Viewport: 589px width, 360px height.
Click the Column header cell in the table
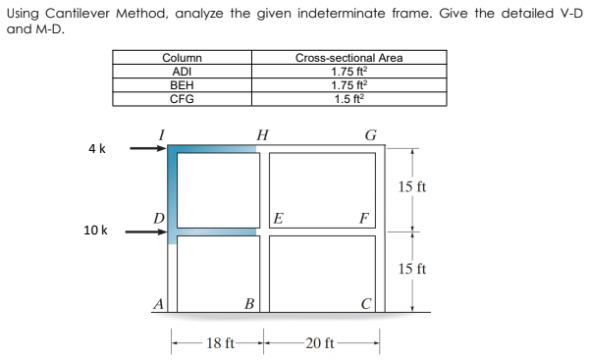181,59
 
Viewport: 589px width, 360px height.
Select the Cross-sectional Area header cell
348,59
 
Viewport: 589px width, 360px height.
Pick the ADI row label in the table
181,72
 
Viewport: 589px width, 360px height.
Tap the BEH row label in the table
181,85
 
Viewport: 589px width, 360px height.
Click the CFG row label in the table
181,98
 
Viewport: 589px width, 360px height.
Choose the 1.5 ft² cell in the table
348,98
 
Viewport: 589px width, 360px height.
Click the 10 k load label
96,231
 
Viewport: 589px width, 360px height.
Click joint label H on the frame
261,134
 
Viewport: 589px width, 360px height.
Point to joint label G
368,134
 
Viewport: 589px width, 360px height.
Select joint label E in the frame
280,220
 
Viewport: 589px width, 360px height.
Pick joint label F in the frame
365,220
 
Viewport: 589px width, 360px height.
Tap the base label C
365,303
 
